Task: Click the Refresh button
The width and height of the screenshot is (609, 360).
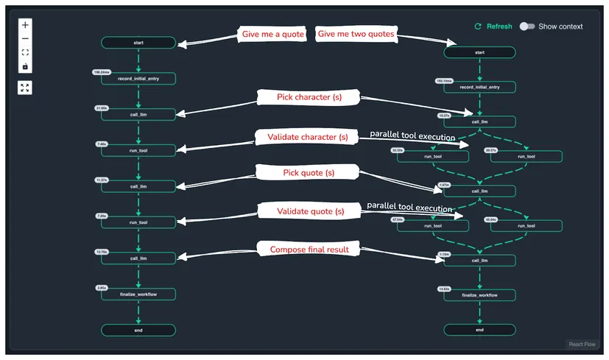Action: [x=493, y=27]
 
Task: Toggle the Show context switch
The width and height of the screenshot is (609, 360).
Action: [x=527, y=27]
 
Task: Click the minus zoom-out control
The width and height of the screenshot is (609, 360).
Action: [x=25, y=38]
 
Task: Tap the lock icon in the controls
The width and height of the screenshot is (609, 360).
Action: [x=25, y=66]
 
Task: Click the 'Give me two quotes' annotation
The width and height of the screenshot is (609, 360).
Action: [x=356, y=35]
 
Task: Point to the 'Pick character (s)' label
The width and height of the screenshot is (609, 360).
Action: [x=308, y=97]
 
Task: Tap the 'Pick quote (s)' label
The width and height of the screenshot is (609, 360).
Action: [x=309, y=172]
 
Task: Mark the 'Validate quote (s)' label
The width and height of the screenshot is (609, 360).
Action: [x=310, y=211]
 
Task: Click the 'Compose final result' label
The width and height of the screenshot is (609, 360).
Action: [x=309, y=250]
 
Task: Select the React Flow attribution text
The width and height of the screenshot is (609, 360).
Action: [x=582, y=344]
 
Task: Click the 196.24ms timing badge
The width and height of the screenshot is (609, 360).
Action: [x=102, y=72]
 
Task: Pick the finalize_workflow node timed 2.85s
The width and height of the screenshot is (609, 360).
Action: [x=138, y=294]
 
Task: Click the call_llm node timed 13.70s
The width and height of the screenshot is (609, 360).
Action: [x=138, y=258]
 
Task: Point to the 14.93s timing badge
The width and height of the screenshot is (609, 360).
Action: [x=444, y=289]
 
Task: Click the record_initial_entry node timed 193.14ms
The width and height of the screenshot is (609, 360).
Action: [x=479, y=87]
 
